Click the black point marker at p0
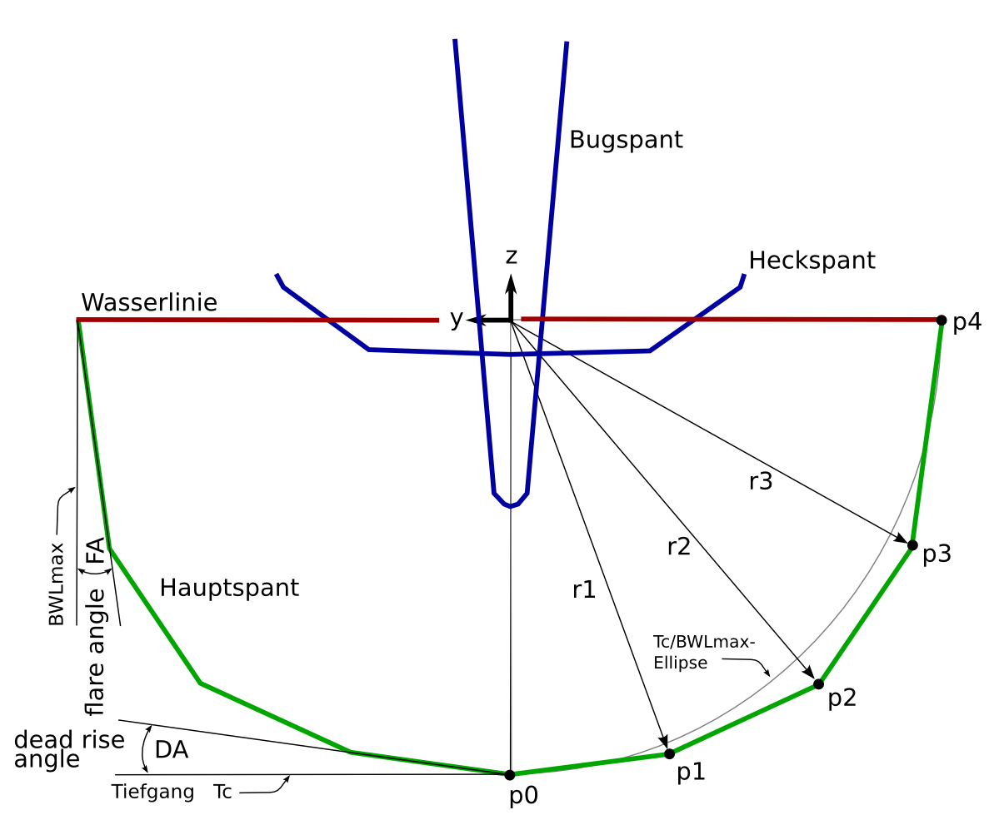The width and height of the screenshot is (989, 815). point(510,775)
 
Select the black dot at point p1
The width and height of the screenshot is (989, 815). point(669,753)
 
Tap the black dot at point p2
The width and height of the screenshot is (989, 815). point(818,684)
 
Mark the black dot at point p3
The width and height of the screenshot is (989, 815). point(912,545)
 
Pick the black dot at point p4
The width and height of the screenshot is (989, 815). point(942,320)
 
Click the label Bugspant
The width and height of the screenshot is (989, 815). point(626,140)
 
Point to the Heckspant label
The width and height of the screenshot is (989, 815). point(812,261)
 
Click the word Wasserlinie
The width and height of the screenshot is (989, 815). point(149,302)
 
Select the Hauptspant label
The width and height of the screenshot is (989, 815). point(229,588)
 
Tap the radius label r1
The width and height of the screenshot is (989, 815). point(584,590)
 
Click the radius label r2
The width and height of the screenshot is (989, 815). point(679,547)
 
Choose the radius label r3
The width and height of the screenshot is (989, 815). point(761,480)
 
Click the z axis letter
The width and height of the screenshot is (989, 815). point(512,255)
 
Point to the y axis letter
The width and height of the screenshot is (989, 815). point(456,318)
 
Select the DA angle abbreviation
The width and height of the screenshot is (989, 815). point(172,750)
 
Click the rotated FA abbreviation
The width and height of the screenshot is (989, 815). point(97,552)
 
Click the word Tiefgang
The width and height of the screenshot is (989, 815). point(152,792)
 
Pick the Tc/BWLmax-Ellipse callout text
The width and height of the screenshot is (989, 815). point(704,653)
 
